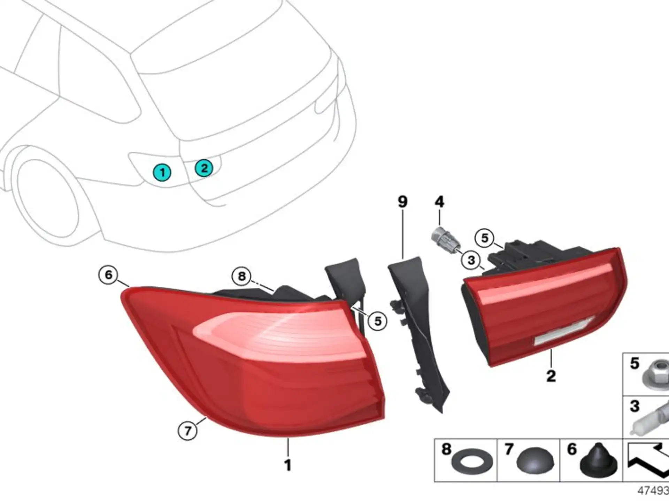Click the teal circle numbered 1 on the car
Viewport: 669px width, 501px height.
click(x=162, y=172)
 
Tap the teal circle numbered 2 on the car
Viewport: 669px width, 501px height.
click(x=204, y=168)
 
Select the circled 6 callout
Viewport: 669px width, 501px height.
click(x=108, y=275)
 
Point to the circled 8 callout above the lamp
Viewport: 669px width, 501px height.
click(x=241, y=276)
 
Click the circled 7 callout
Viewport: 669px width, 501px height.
click(x=187, y=431)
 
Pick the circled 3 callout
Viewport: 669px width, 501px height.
click(x=471, y=260)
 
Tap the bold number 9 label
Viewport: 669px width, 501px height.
click(x=402, y=201)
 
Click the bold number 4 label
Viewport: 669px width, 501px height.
click(x=439, y=201)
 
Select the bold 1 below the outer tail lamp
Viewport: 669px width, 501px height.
click(x=288, y=465)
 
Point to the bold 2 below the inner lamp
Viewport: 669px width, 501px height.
click(x=551, y=376)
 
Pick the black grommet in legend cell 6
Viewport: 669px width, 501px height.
click(x=598, y=459)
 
